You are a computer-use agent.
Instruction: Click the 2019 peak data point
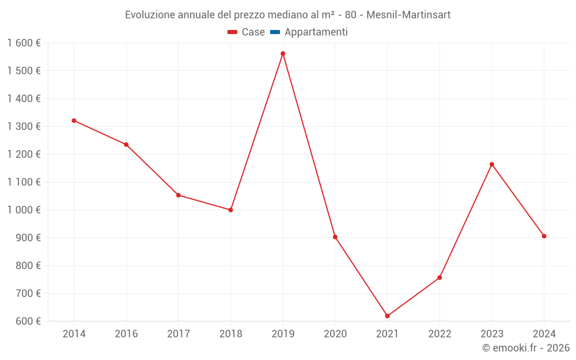pyautogui.click(x=283, y=54)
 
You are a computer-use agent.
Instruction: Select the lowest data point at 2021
pyautogui.click(x=387, y=316)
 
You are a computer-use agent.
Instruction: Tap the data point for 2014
pyautogui.click(x=74, y=120)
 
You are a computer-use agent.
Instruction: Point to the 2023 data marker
pyautogui.click(x=492, y=164)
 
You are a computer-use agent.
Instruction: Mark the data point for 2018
pyautogui.click(x=230, y=210)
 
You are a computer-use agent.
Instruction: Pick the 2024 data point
pyautogui.click(x=544, y=236)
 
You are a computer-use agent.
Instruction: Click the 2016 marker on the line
pyautogui.click(x=126, y=145)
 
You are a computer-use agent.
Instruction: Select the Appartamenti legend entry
pyautogui.click(x=316, y=32)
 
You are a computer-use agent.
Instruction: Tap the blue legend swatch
pyautogui.click(x=275, y=32)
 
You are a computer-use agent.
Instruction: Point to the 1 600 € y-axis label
pyautogui.click(x=24, y=43)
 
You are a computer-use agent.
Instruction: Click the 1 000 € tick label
pyautogui.click(x=24, y=210)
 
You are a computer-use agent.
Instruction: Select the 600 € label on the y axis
pyautogui.click(x=28, y=321)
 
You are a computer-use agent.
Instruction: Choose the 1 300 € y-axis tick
pyautogui.click(x=24, y=127)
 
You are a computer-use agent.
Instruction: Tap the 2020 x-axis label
pyautogui.click(x=335, y=334)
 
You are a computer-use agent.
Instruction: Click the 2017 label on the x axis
pyautogui.click(x=179, y=334)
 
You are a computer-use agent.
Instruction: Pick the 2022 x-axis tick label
pyautogui.click(x=439, y=334)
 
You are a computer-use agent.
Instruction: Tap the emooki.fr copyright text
pyautogui.click(x=526, y=348)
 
